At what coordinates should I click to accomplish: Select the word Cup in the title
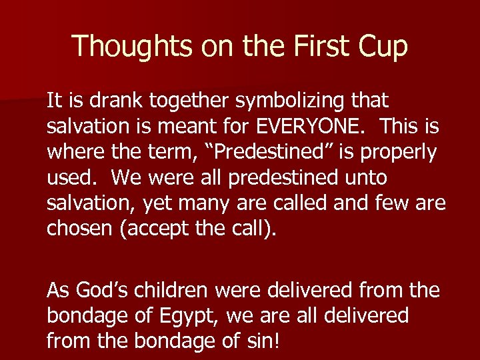click(x=384, y=46)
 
